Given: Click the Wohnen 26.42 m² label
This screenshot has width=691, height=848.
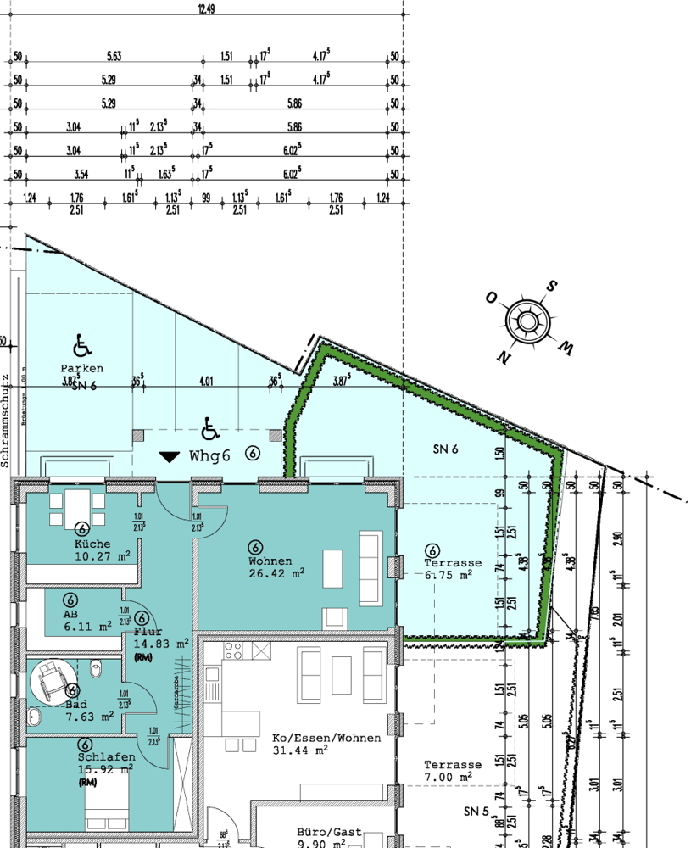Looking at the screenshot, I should (x=275, y=566).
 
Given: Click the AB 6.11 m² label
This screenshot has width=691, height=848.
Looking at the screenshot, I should (x=86, y=621).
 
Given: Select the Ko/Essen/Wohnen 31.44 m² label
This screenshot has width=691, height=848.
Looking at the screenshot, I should (x=326, y=744).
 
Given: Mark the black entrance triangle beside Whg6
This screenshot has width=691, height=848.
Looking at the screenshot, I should (x=170, y=457).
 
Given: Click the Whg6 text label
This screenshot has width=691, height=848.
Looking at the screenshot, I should (x=209, y=455).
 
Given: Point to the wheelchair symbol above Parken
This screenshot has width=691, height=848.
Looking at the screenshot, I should (x=82, y=345).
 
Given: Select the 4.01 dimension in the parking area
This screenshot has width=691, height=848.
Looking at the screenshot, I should (x=205, y=382).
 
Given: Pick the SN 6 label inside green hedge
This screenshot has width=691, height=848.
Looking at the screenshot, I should (x=444, y=448).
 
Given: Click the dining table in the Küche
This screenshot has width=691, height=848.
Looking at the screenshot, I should (x=78, y=508).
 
